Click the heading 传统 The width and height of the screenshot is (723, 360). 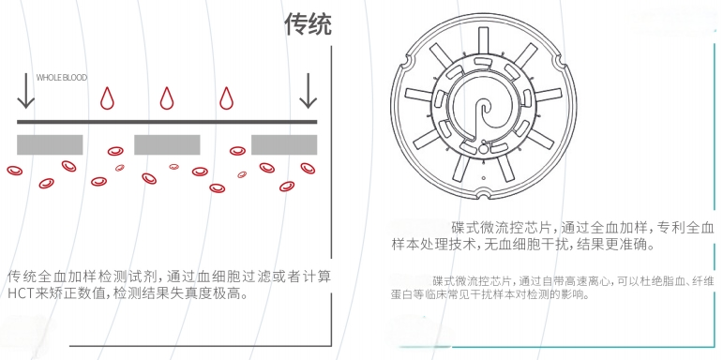coord(308,24)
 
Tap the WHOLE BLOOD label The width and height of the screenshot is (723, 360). coord(61,78)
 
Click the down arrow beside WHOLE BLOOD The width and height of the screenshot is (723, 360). coord(26,91)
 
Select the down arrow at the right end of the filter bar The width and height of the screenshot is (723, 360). coord(308,91)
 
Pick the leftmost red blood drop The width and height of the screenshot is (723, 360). coord(108,97)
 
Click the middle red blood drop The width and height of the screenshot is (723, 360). coord(167,97)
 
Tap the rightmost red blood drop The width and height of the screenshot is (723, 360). coord(226,97)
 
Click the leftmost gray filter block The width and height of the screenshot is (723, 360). coord(50,144)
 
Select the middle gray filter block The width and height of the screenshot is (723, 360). coord(167,144)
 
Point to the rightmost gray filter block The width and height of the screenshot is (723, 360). coord(284,144)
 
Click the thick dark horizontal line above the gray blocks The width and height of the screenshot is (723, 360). coord(167,122)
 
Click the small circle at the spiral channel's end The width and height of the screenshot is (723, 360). coord(483,149)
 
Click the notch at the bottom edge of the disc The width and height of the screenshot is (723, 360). coord(483,195)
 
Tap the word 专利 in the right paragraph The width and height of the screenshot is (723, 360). coord(669,228)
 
